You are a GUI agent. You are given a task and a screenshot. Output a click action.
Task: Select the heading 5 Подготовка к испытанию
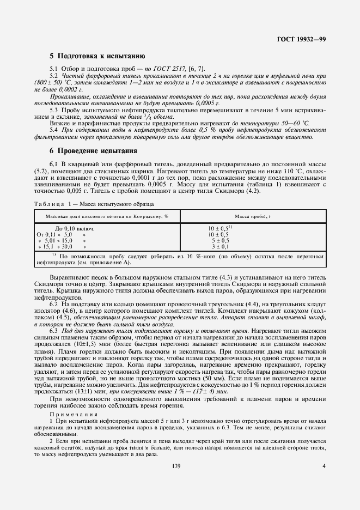click(96, 56)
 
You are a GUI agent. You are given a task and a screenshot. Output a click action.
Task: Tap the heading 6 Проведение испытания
click(93, 151)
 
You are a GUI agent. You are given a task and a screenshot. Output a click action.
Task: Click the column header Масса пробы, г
click(253, 216)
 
